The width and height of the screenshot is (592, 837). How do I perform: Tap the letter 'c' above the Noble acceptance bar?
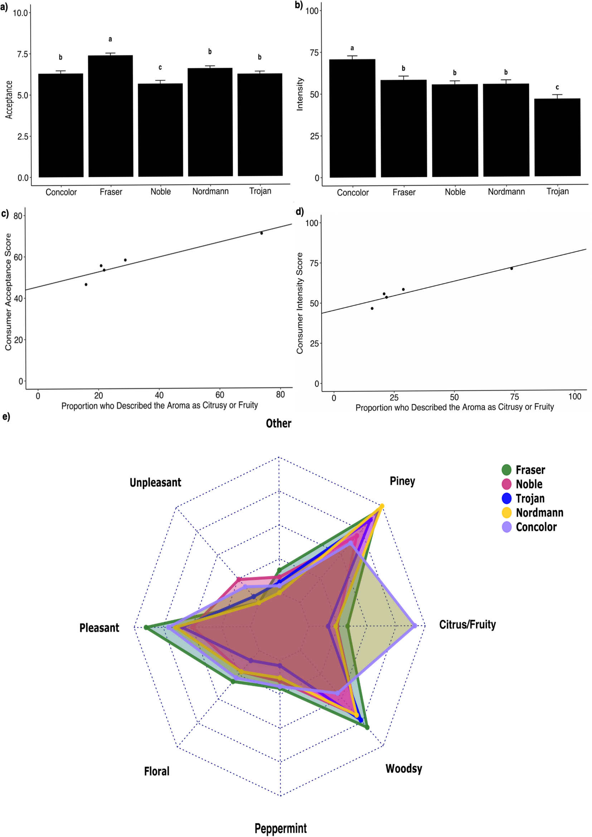click(x=160, y=67)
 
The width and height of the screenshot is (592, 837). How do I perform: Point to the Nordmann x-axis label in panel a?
click(x=210, y=192)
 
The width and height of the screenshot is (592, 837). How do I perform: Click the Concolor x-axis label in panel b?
click(x=353, y=193)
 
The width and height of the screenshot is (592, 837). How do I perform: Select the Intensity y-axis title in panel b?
click(x=300, y=94)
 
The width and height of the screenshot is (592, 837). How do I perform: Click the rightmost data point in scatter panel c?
click(x=261, y=233)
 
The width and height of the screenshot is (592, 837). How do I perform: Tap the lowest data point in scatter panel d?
click(x=372, y=308)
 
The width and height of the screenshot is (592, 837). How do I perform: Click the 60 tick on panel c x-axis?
click(x=219, y=395)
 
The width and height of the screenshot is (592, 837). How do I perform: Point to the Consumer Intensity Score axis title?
click(x=300, y=303)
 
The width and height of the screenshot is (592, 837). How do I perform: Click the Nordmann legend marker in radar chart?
click(x=507, y=513)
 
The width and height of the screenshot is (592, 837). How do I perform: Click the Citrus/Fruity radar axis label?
click(x=467, y=624)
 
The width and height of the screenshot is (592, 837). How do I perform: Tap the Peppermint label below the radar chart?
click(x=280, y=828)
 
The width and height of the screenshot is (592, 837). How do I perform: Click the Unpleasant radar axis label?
click(x=155, y=482)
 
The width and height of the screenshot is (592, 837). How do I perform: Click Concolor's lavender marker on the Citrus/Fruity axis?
click(x=414, y=626)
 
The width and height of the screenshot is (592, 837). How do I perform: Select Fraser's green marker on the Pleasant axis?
click(x=146, y=627)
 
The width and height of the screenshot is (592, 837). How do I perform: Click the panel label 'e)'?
click(x=6, y=416)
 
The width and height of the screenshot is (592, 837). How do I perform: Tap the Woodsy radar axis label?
click(x=403, y=769)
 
